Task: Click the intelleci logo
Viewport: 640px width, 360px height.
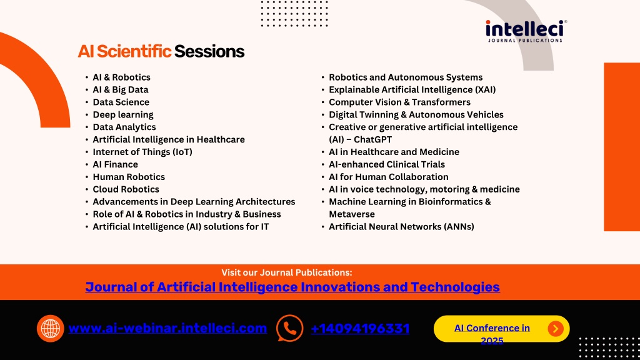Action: click(x=526, y=31)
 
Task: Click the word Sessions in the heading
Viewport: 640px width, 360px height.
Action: click(x=209, y=51)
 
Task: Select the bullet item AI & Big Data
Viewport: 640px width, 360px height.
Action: click(x=121, y=90)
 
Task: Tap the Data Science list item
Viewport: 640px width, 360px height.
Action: click(x=121, y=102)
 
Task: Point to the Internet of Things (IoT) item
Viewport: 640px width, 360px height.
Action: click(x=142, y=152)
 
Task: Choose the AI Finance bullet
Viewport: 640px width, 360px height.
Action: click(x=115, y=164)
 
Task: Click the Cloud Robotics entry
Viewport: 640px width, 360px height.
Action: click(x=126, y=189)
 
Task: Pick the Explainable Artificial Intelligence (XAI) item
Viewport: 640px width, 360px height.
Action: click(x=412, y=90)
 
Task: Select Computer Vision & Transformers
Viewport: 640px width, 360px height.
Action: click(x=399, y=102)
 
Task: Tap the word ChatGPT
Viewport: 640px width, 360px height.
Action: click(x=372, y=139)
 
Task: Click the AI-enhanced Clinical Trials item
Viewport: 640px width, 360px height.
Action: click(x=387, y=164)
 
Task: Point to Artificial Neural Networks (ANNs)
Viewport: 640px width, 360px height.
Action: click(x=402, y=226)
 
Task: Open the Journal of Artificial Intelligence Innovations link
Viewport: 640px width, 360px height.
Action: click(x=292, y=287)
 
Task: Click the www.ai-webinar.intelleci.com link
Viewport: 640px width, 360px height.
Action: click(x=167, y=328)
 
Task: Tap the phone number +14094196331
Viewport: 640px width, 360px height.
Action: click(x=360, y=329)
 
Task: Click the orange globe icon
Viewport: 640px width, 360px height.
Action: click(x=50, y=329)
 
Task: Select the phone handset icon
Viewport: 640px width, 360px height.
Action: click(x=290, y=328)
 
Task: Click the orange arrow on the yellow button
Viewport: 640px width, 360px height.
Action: click(x=556, y=329)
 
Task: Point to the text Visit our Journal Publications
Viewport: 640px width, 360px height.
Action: click(x=286, y=272)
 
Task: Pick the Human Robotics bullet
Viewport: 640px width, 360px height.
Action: click(x=129, y=177)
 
